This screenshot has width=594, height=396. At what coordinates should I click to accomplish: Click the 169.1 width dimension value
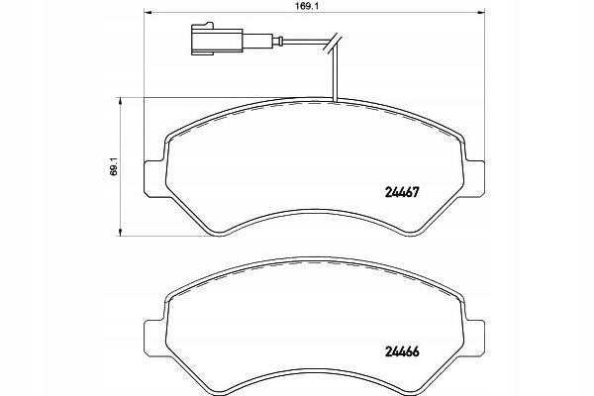(308, 7)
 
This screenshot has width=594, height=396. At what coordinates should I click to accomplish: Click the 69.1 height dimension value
(114, 166)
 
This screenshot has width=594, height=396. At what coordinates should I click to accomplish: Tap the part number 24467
(402, 192)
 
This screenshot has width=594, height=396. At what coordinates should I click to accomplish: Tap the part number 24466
(402, 351)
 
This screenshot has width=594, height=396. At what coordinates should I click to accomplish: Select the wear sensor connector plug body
(217, 40)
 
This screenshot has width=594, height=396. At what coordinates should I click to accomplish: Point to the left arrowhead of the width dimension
(148, 13)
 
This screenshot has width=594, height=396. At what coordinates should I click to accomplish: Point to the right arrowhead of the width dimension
(481, 13)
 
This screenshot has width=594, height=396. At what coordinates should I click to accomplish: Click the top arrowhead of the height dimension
(120, 101)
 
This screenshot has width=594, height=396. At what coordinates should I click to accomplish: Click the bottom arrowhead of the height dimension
(120, 232)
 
